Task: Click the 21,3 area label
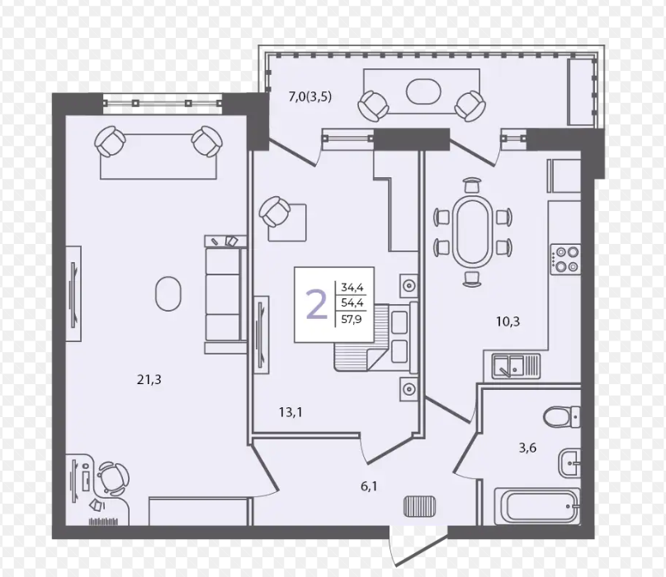tap(149, 379)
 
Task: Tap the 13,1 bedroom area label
tap(290, 412)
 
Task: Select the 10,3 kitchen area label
tap(508, 321)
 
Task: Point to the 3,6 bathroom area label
tap(527, 448)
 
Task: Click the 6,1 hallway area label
tap(369, 486)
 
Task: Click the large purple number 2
tap(316, 304)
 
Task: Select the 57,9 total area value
tap(352, 319)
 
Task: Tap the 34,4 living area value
tap(352, 288)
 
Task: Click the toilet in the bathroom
tap(562, 417)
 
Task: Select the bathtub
tap(537, 506)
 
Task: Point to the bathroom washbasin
tap(569, 463)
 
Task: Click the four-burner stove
tap(565, 259)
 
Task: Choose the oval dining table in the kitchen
tap(472, 232)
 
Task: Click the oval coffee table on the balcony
tap(423, 91)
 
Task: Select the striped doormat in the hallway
tap(419, 507)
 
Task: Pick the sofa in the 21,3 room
tap(225, 293)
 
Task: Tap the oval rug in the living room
tap(168, 293)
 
